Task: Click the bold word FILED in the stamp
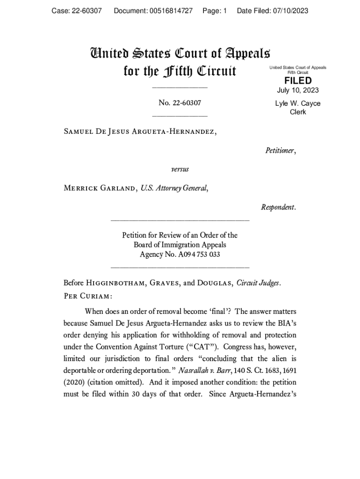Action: tap(298, 80)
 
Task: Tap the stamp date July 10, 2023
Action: tap(298, 90)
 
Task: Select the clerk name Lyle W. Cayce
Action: tap(298, 103)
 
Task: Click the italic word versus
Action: tap(180, 169)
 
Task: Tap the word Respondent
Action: tap(278, 207)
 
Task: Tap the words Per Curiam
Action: tap(88, 297)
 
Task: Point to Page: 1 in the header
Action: tap(215, 11)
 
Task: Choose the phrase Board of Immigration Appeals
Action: tap(180, 245)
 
